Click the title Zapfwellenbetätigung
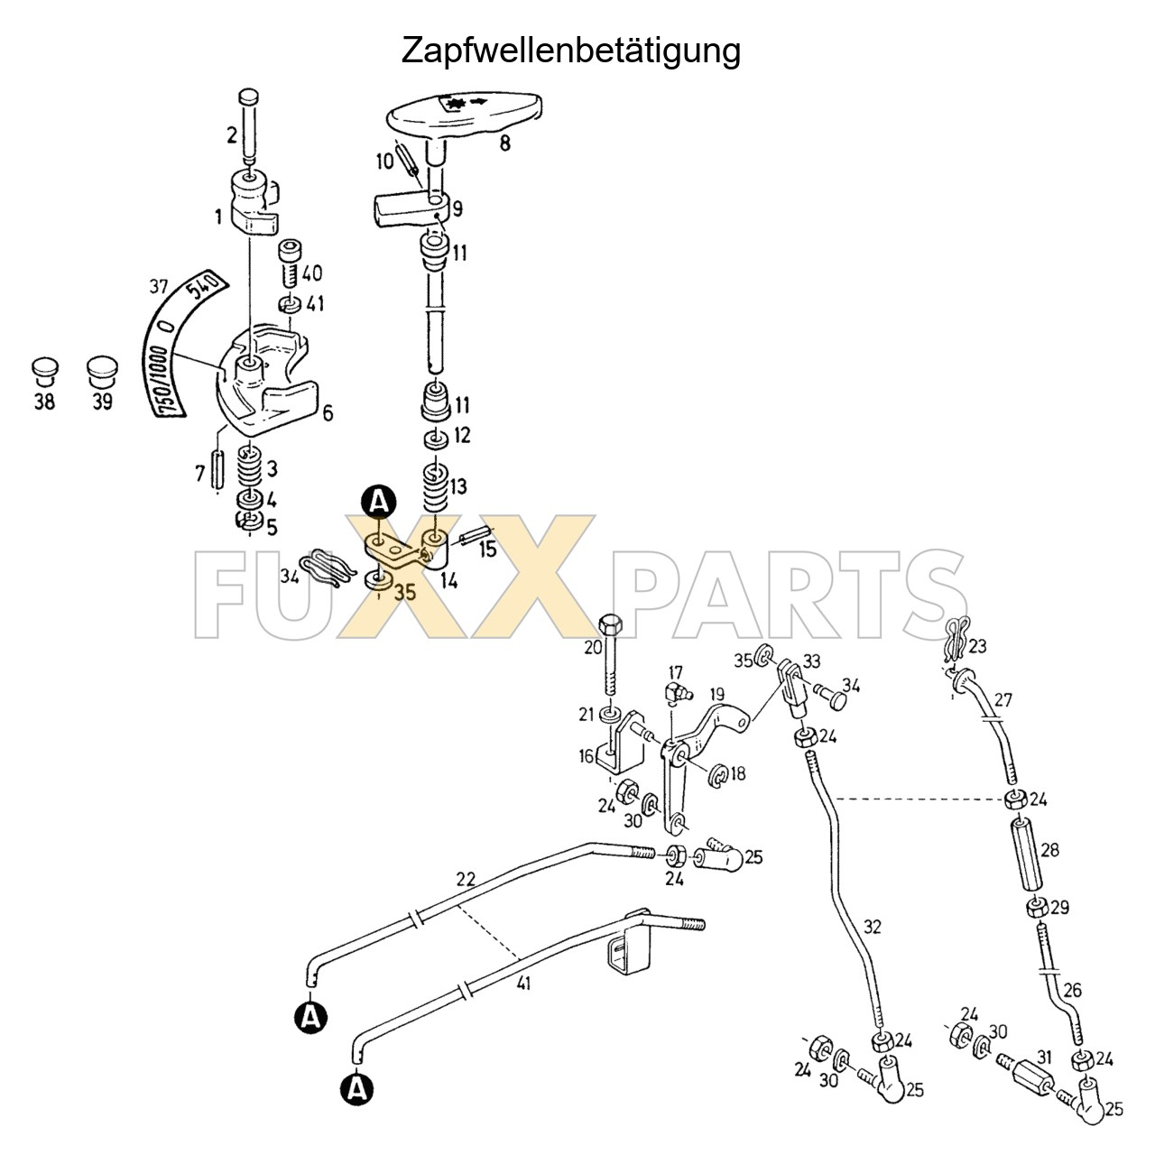pyautogui.click(x=570, y=51)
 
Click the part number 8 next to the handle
pyautogui.click(x=504, y=143)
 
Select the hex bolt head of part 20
pyautogui.click(x=610, y=624)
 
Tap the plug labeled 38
pyautogui.click(x=44, y=374)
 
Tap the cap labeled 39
pyautogui.click(x=102, y=373)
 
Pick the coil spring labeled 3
pyautogui.click(x=250, y=467)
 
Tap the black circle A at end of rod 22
pyautogui.click(x=311, y=1015)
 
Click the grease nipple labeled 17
pyautogui.click(x=678, y=692)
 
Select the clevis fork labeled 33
pyautogui.click(x=792, y=688)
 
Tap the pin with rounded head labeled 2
pyautogui.click(x=249, y=125)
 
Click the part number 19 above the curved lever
pyautogui.click(x=716, y=696)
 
